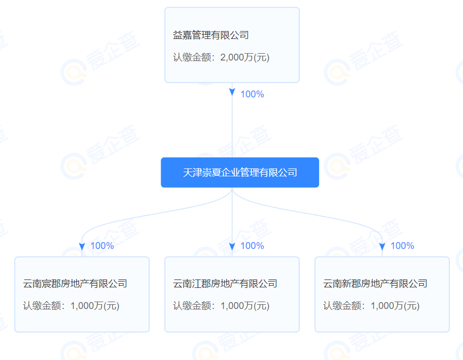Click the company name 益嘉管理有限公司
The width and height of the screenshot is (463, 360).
pos(211,35)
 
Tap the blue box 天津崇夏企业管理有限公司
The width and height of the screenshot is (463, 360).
pos(240,172)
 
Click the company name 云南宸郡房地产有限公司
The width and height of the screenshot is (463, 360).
pos(75,284)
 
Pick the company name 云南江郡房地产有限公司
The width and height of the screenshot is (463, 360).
pos(225,284)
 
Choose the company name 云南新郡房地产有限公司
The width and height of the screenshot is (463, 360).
pos(375,284)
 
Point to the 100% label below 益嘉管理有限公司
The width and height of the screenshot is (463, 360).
pos(252,94)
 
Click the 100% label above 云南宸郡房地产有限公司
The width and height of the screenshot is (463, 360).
pos(102,246)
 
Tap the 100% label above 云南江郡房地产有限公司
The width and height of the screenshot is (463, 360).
pos(252,246)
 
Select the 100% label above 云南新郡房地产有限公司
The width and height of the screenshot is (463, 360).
pos(402,246)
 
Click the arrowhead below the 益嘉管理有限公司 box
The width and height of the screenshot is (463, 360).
pos(232,92)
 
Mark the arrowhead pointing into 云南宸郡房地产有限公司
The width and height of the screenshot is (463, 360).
pos(82,247)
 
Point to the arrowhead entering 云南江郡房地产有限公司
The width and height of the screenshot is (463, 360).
pos(232,247)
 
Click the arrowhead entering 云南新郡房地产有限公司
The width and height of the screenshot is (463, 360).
pos(382,247)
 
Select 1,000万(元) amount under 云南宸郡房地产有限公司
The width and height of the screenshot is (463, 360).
pos(95,306)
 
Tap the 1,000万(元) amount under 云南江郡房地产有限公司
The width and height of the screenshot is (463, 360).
pos(245,306)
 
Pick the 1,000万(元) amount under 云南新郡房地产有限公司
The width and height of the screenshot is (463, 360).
pos(395,306)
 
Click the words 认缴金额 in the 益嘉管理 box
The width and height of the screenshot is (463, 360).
pos(192,57)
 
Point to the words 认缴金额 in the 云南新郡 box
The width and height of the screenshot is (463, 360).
pos(342,306)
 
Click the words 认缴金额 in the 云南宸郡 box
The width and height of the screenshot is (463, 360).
pos(42,306)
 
